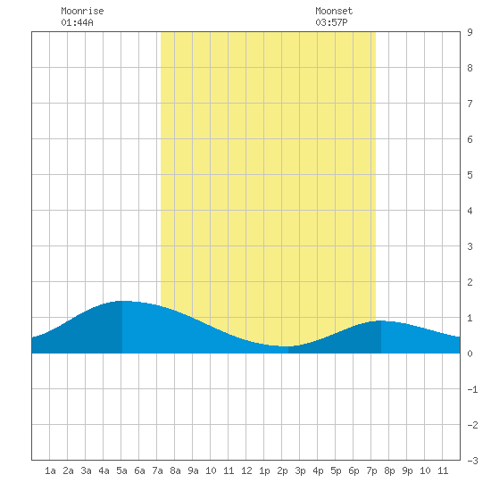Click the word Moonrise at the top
point(82,11)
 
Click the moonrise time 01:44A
point(77,22)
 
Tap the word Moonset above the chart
point(334,11)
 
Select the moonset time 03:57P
point(331,22)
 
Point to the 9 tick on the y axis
point(470,32)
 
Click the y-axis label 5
point(470,175)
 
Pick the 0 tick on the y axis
point(470,354)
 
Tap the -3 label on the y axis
point(472,461)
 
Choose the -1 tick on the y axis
point(472,389)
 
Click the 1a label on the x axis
point(50,470)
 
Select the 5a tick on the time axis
point(121,470)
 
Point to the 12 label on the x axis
point(246,470)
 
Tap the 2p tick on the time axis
point(282,470)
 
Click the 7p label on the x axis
point(371,470)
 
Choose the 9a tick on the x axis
point(193,470)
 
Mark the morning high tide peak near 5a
point(123,301)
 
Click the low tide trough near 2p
point(285,346)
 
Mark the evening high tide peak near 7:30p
point(380,320)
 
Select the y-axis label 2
point(470,282)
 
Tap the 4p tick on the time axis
point(318,470)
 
